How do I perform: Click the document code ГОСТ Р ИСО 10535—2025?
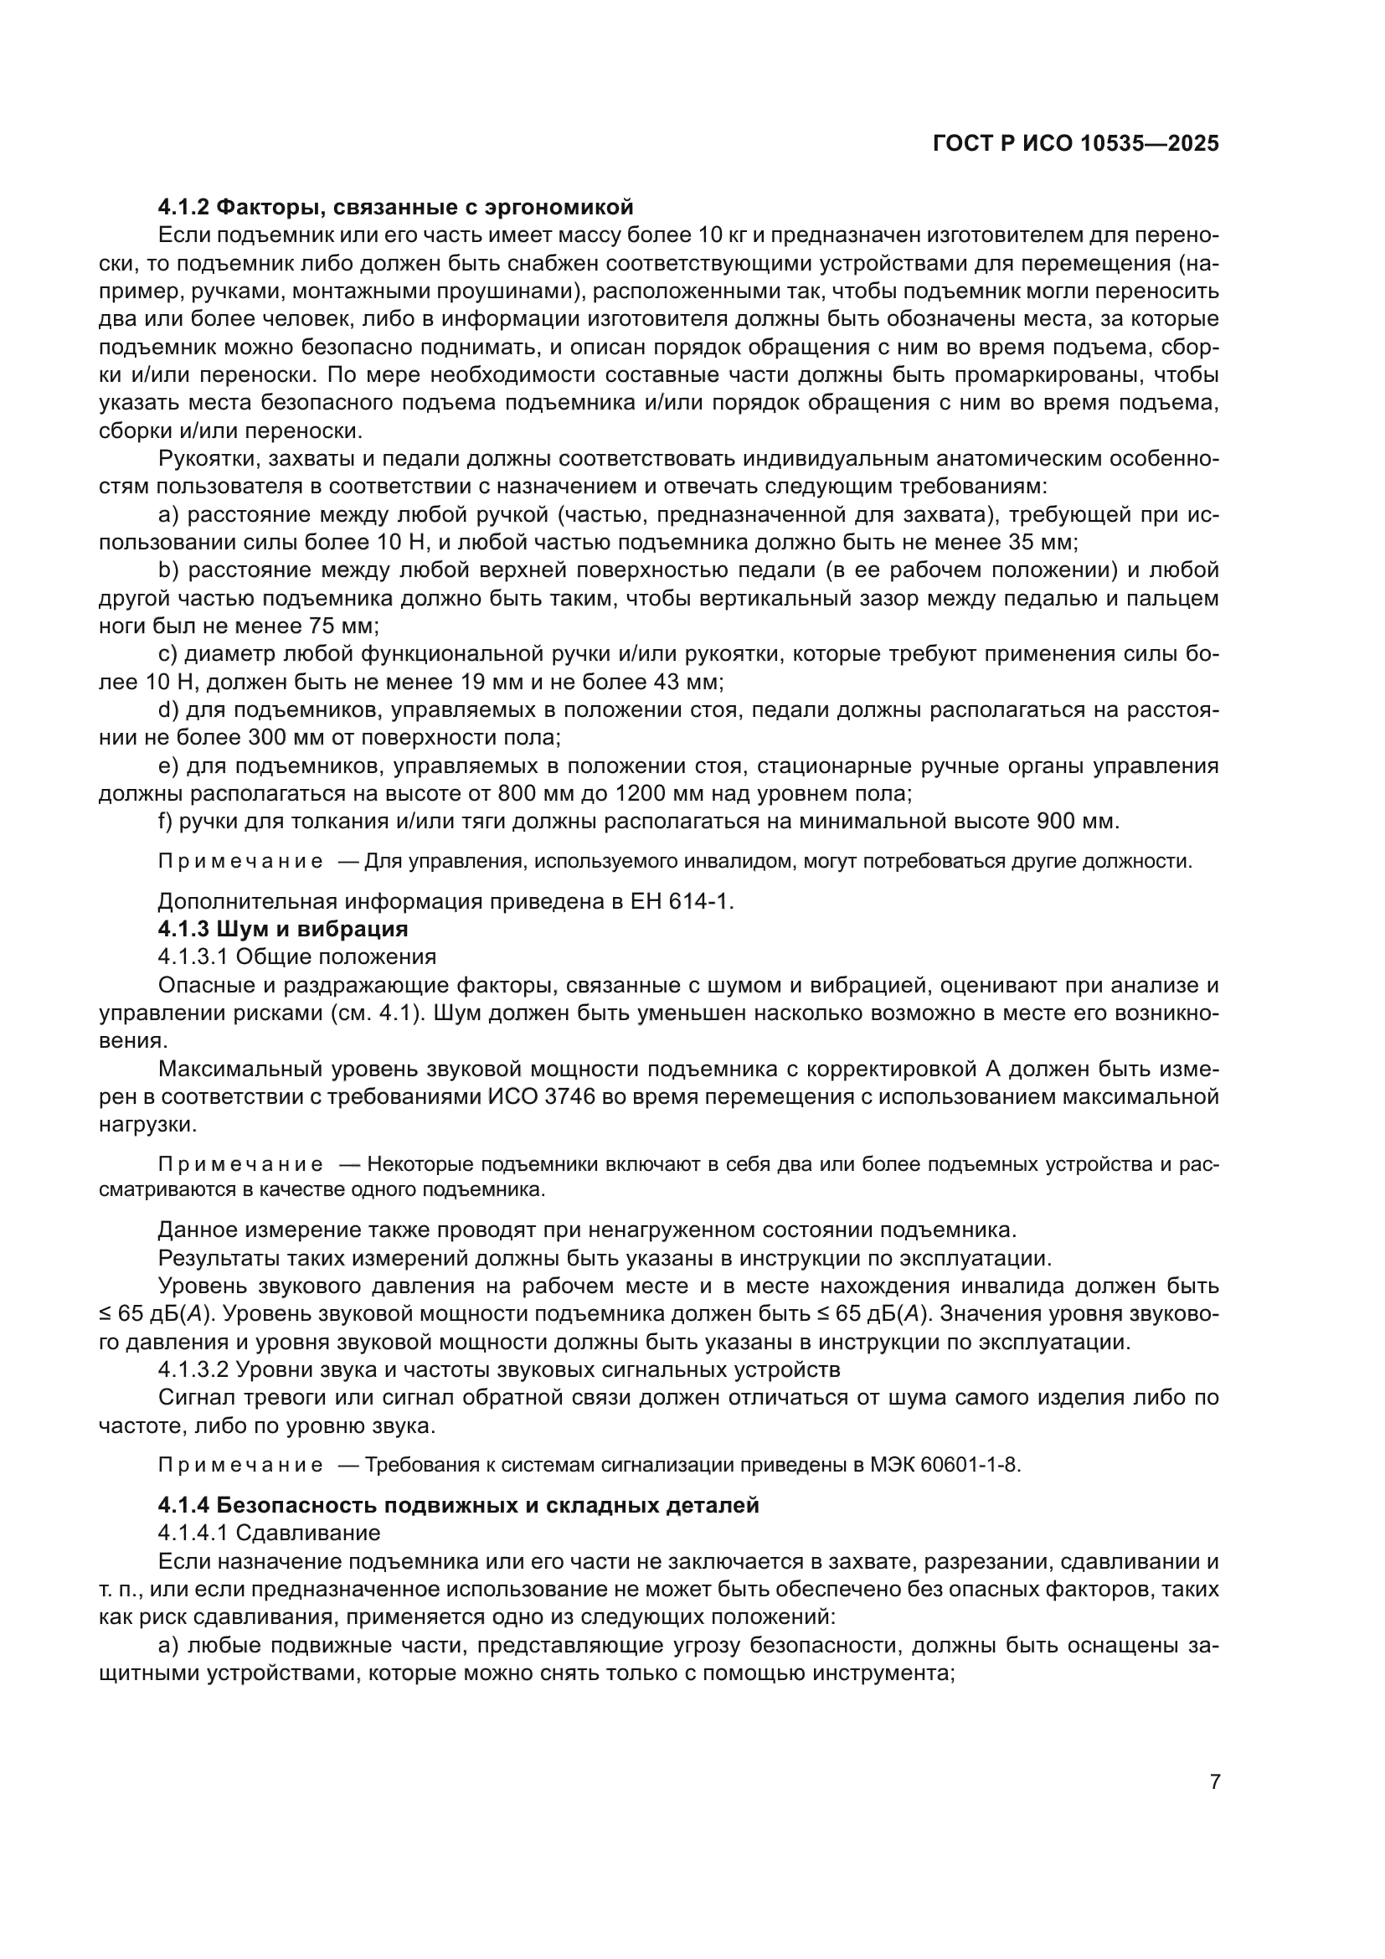click(x=1075, y=143)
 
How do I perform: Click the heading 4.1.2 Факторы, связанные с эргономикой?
click(x=396, y=207)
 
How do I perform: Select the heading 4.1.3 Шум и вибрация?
click(x=283, y=928)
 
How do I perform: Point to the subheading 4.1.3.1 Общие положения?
click(x=296, y=956)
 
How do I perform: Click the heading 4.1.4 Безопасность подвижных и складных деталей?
click(x=458, y=1505)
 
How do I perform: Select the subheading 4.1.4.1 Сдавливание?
click(x=269, y=1534)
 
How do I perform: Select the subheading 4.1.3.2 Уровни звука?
click(x=499, y=1369)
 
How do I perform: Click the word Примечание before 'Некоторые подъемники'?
click(x=240, y=1166)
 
